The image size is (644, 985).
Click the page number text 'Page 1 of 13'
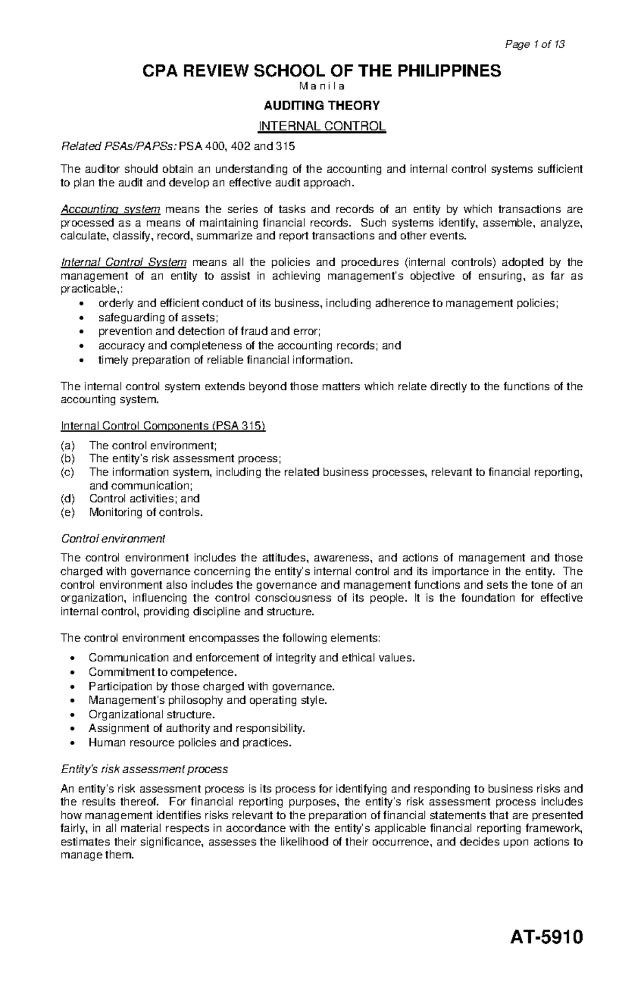tap(535, 45)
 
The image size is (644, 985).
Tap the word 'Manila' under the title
tap(321, 86)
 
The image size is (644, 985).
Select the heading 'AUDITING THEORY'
tap(321, 106)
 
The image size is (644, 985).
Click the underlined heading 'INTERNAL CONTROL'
tap(321, 127)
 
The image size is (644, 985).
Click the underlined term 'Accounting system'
tap(111, 209)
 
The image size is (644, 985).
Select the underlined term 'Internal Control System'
tap(124, 262)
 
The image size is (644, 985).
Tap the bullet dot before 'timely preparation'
tap(81, 360)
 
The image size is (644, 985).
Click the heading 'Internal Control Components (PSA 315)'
tap(163, 426)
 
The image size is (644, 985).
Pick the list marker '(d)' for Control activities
tap(69, 499)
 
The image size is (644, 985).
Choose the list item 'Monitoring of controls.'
tap(147, 512)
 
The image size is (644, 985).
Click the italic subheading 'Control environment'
tap(113, 538)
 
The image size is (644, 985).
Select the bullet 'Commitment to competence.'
tap(163, 672)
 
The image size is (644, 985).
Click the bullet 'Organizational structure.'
tap(152, 714)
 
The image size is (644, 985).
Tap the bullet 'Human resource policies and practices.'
tap(191, 743)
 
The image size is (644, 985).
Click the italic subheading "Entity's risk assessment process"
tap(145, 769)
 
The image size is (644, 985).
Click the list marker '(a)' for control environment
tap(69, 446)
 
